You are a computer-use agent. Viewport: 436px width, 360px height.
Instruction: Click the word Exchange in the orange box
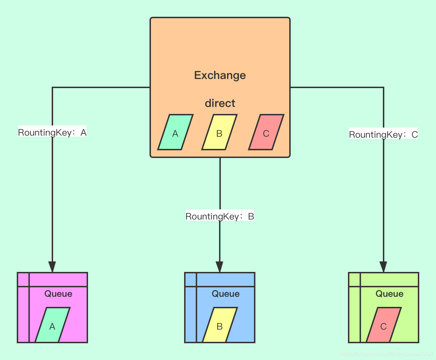(x=220, y=75)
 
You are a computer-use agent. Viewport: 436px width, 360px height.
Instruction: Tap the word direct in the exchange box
(x=220, y=103)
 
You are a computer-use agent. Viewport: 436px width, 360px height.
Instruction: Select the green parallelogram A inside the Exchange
(x=175, y=132)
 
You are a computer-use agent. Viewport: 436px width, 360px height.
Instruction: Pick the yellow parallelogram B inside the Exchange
(x=219, y=132)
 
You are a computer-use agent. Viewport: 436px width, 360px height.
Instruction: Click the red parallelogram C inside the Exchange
(x=266, y=132)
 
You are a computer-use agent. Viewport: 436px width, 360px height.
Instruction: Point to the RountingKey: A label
(x=52, y=133)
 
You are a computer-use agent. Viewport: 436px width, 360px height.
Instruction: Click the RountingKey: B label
(x=220, y=216)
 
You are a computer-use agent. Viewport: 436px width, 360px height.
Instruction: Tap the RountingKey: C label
(x=383, y=135)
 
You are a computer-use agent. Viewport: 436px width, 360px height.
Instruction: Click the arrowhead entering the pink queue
(x=52, y=267)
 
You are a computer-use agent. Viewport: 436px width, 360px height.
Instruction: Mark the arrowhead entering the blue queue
(x=219, y=267)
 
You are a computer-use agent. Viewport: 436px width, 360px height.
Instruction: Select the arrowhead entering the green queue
(x=383, y=267)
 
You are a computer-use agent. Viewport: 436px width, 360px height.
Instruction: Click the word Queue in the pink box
(x=58, y=294)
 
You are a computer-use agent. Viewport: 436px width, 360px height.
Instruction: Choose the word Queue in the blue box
(x=225, y=294)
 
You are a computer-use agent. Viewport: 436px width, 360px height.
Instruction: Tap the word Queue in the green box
(x=389, y=294)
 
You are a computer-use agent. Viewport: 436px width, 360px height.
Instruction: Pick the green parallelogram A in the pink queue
(x=52, y=325)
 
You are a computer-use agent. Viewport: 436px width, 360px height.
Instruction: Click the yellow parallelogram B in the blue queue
(x=220, y=325)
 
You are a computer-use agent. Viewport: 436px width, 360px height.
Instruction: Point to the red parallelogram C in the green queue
(x=384, y=325)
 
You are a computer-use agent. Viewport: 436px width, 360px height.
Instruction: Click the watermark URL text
(x=386, y=354)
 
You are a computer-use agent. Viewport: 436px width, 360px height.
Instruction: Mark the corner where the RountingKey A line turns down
(x=52, y=87)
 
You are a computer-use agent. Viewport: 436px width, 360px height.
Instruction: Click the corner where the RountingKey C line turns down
(x=384, y=87)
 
